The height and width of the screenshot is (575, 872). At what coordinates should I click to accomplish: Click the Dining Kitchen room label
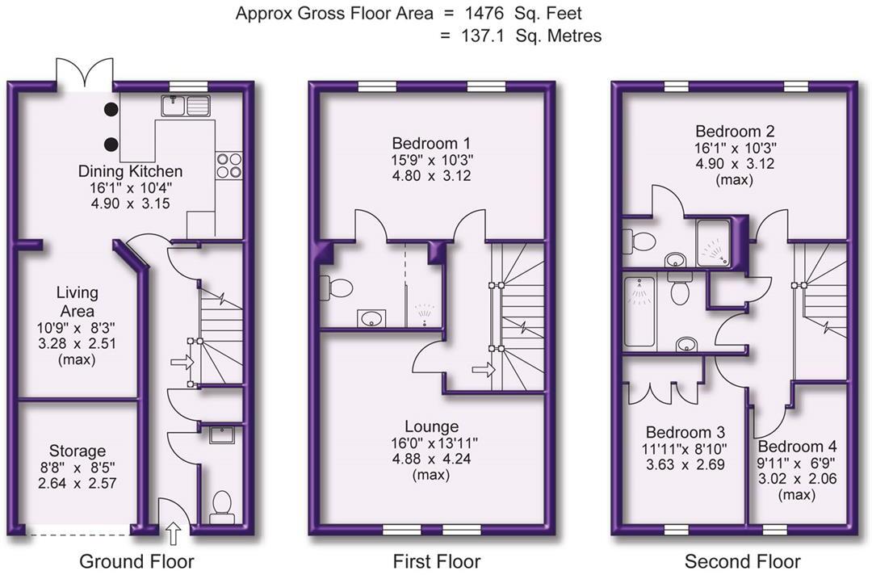click(x=130, y=171)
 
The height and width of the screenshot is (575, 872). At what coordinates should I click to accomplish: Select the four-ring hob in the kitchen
click(x=228, y=165)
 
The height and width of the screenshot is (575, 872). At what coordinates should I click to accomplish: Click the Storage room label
click(x=78, y=451)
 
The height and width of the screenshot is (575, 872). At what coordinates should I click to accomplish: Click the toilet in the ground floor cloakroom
click(x=220, y=506)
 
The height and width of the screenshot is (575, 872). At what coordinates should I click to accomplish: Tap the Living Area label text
click(x=78, y=301)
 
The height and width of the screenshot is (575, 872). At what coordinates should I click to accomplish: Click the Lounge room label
click(x=432, y=426)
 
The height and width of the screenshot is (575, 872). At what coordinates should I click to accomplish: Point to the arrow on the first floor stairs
click(x=484, y=371)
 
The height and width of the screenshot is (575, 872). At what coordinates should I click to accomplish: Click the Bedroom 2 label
click(x=728, y=131)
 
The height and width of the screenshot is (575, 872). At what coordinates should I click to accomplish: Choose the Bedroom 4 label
click(x=797, y=447)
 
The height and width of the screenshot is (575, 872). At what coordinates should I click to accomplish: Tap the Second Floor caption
click(x=742, y=560)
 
